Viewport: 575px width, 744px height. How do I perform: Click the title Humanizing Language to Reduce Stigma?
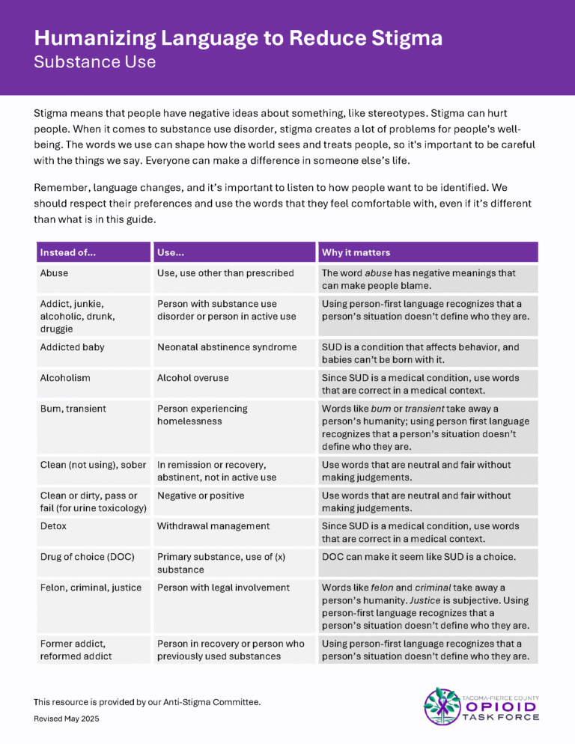(238, 38)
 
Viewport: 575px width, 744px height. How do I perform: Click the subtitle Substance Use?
(94, 62)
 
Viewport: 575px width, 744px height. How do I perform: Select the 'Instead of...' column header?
(68, 252)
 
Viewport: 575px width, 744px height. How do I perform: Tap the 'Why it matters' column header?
(356, 252)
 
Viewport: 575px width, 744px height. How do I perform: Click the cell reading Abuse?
(54, 273)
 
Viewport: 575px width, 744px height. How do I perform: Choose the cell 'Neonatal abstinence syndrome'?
(227, 347)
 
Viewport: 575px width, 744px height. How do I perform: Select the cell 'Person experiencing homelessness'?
(202, 415)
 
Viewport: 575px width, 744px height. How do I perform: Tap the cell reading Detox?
(53, 526)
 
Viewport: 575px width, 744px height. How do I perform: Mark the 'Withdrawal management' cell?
(213, 526)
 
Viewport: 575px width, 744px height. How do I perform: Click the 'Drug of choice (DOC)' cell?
(85, 557)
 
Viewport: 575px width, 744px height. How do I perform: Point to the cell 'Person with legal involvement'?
(223, 588)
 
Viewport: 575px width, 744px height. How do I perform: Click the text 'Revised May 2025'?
(66, 719)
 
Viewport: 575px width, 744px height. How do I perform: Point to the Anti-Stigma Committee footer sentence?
(147, 702)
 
